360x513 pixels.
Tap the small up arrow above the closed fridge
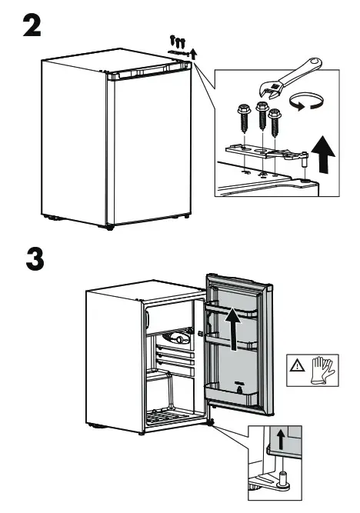coord(193,53)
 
